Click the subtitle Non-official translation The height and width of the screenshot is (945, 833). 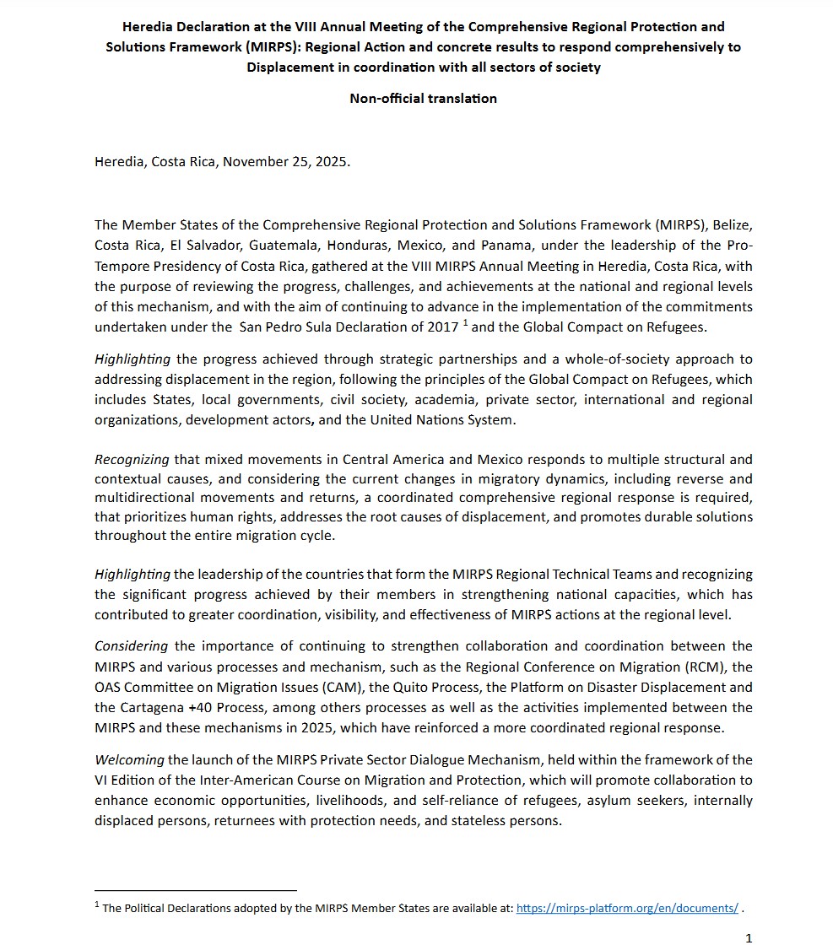pyautogui.click(x=423, y=98)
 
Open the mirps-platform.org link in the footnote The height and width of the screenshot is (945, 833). pyautogui.click(x=627, y=908)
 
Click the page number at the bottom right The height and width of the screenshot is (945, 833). pyautogui.click(x=749, y=937)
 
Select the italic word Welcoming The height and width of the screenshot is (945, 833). pyautogui.click(x=129, y=760)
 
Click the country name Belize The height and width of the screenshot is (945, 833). pyautogui.click(x=733, y=225)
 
